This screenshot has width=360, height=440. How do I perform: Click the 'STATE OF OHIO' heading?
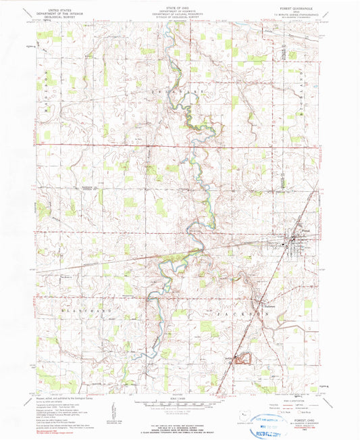click(180, 6)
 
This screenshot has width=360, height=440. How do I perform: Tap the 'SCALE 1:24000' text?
click(180, 400)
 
